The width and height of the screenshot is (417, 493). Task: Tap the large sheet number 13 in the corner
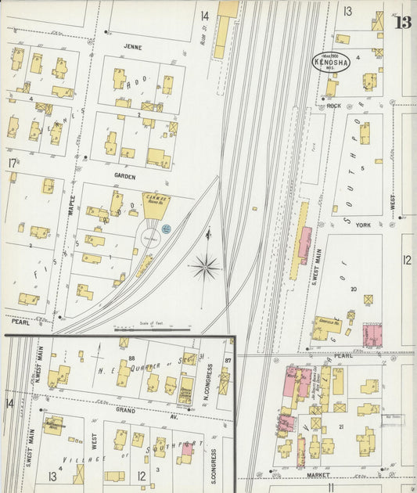[x=403, y=22]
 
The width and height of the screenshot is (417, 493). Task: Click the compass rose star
[x=206, y=267]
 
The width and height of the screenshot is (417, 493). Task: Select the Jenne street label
[x=131, y=47]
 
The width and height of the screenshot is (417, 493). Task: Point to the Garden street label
[x=124, y=176]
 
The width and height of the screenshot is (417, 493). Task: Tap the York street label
[x=361, y=225]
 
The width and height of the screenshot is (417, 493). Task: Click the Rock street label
[x=334, y=106]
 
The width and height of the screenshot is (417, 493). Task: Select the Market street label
[x=316, y=474]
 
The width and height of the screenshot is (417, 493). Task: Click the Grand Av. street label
[x=126, y=409]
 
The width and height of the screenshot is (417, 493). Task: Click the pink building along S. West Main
[x=304, y=245]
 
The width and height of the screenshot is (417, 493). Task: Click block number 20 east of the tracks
[x=354, y=289]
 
